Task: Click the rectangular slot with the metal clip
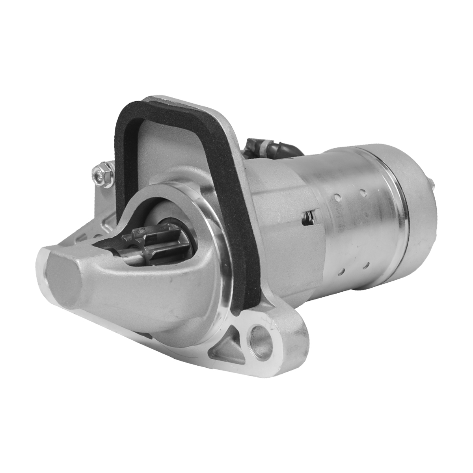pyautogui.click(x=310, y=218)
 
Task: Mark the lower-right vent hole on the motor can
pyautogui.click(x=367, y=265)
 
